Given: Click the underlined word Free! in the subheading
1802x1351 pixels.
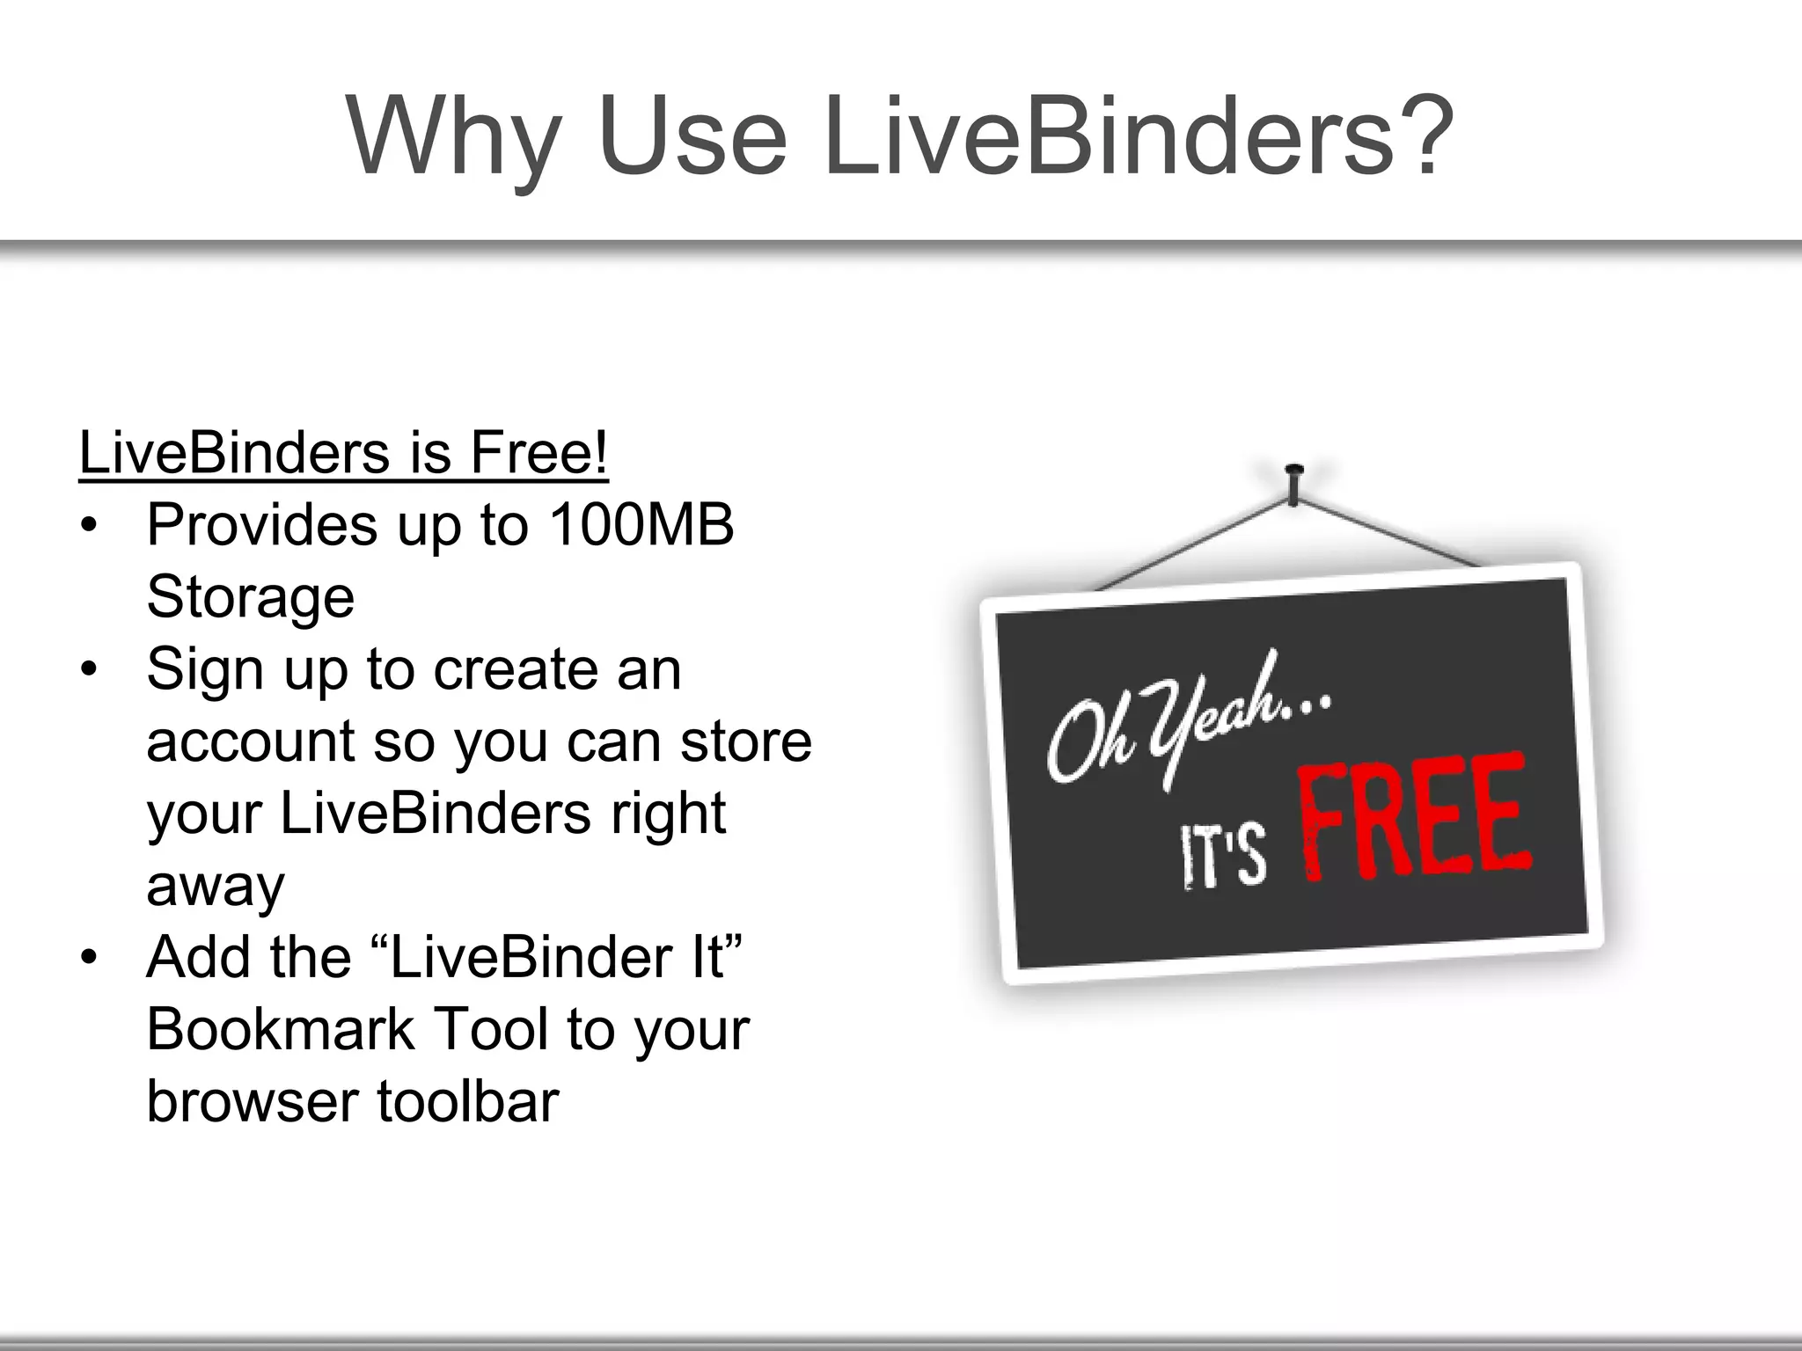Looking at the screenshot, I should tap(538, 453).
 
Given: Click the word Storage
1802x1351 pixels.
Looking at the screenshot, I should tap(250, 597).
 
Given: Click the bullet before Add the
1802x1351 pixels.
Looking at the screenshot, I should tap(87, 958).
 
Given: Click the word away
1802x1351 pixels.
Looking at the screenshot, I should tap(216, 886).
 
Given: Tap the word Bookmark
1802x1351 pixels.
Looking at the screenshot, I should tap(280, 1029).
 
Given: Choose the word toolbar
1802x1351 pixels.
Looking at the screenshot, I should tap(468, 1101).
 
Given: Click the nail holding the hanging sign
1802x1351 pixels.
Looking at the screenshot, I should tap(1293, 484).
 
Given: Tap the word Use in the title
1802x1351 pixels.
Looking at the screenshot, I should tap(692, 136).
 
